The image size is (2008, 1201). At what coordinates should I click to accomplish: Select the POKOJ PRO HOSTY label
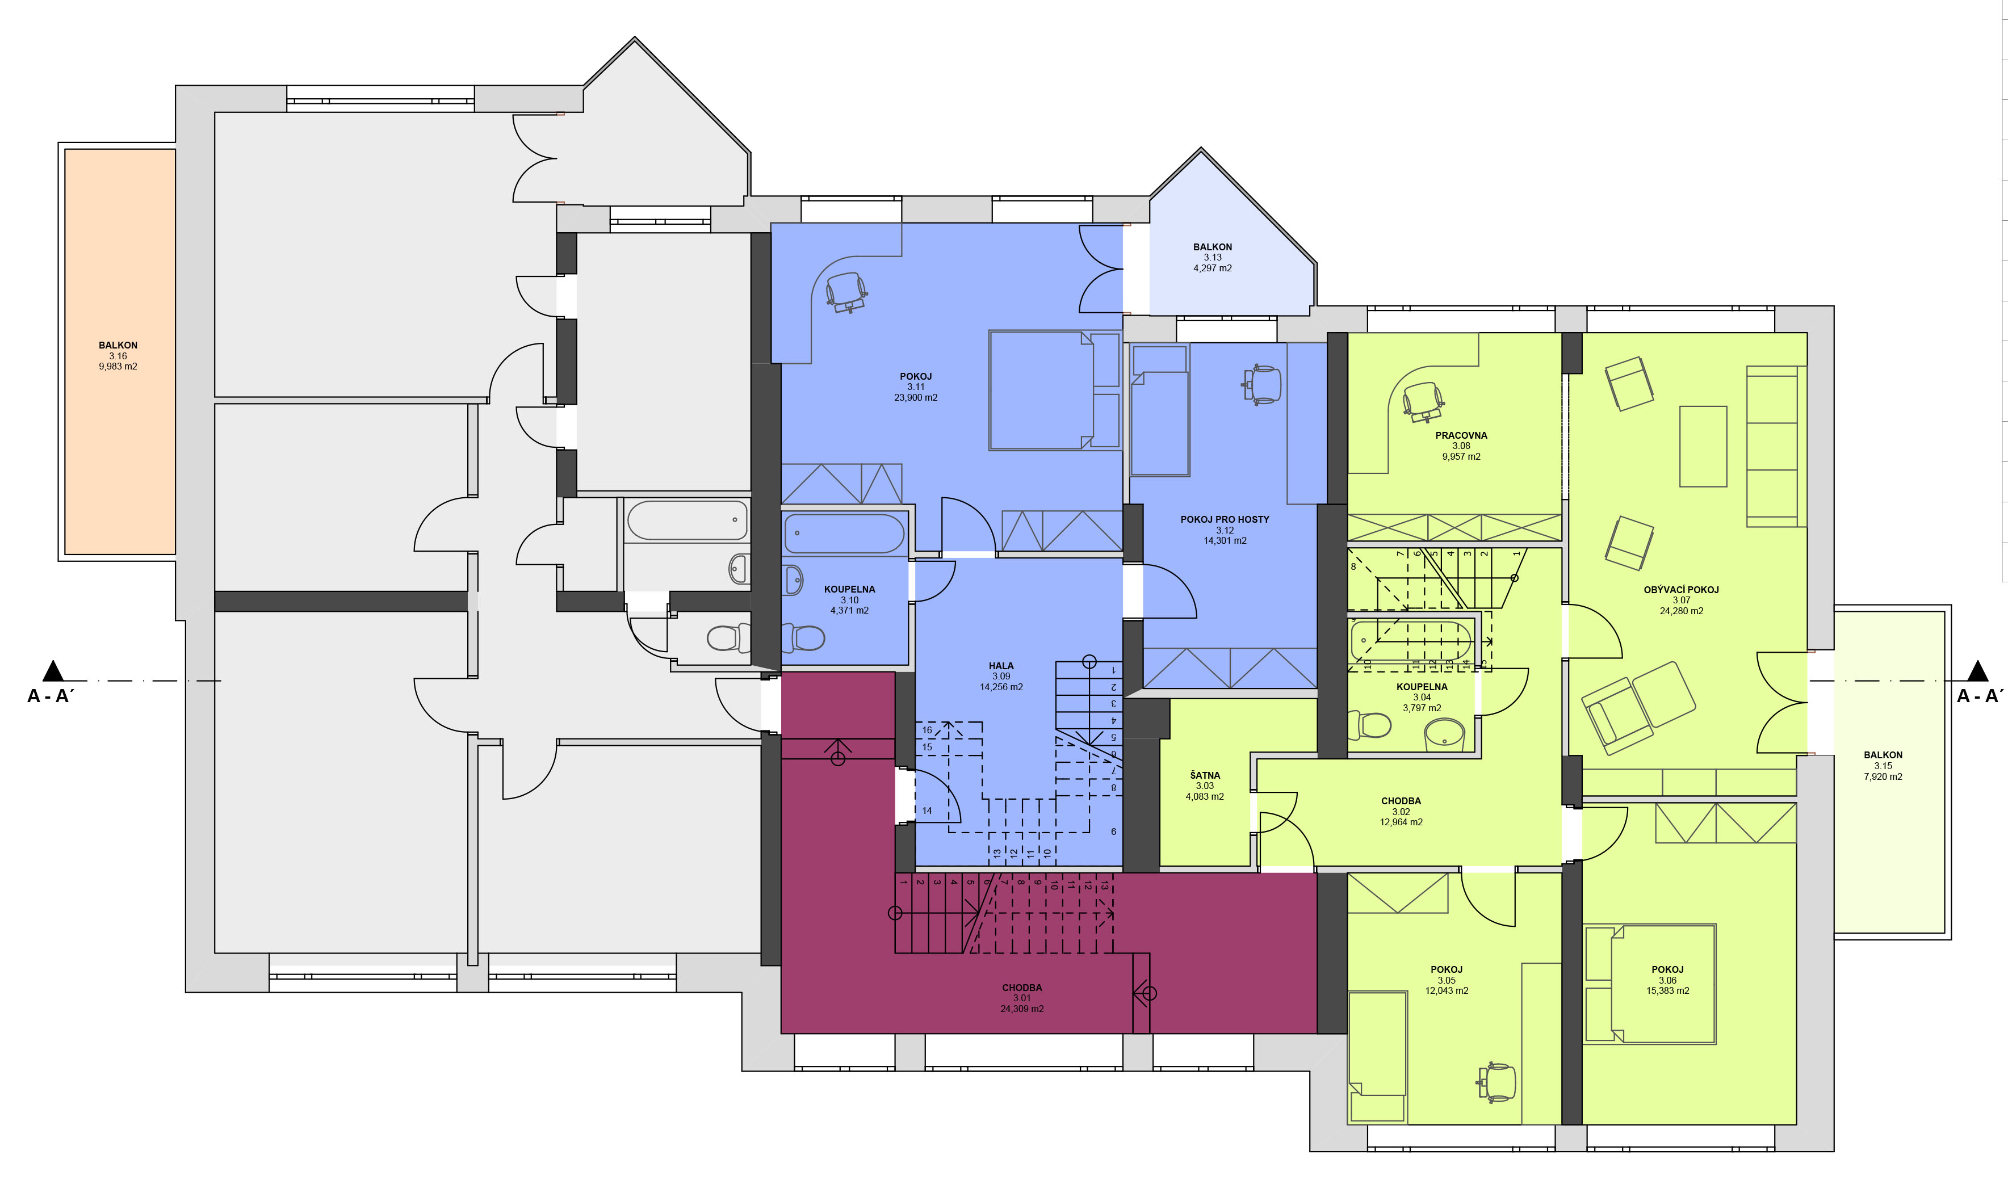point(1225,519)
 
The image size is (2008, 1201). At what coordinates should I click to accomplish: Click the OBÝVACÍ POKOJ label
point(1681,590)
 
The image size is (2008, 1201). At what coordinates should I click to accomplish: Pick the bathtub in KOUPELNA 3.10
point(844,534)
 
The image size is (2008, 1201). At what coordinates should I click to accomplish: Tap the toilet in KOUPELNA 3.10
point(802,639)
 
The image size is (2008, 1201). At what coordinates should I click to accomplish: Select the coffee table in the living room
point(1703,447)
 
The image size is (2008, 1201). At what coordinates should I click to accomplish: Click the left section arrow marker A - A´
point(53,670)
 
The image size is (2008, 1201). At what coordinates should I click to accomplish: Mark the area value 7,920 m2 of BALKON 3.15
point(1883,776)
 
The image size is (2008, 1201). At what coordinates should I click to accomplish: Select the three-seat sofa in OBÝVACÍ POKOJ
point(1776,446)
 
